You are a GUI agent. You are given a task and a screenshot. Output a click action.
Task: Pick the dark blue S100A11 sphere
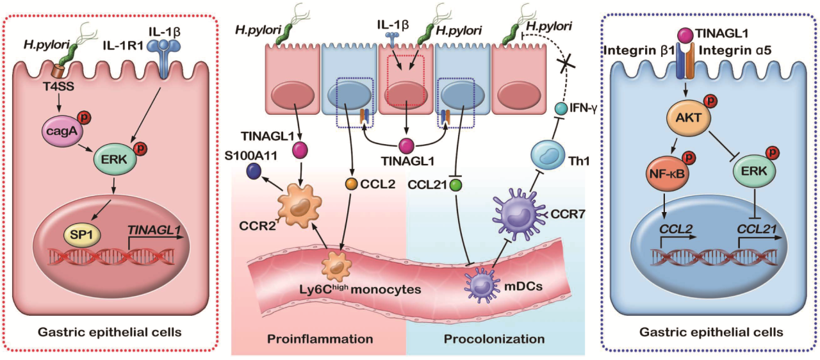click(254, 170)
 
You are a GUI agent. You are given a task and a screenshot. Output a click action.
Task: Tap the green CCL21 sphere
click(455, 184)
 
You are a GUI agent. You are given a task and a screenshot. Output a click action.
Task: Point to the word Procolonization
click(496, 338)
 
